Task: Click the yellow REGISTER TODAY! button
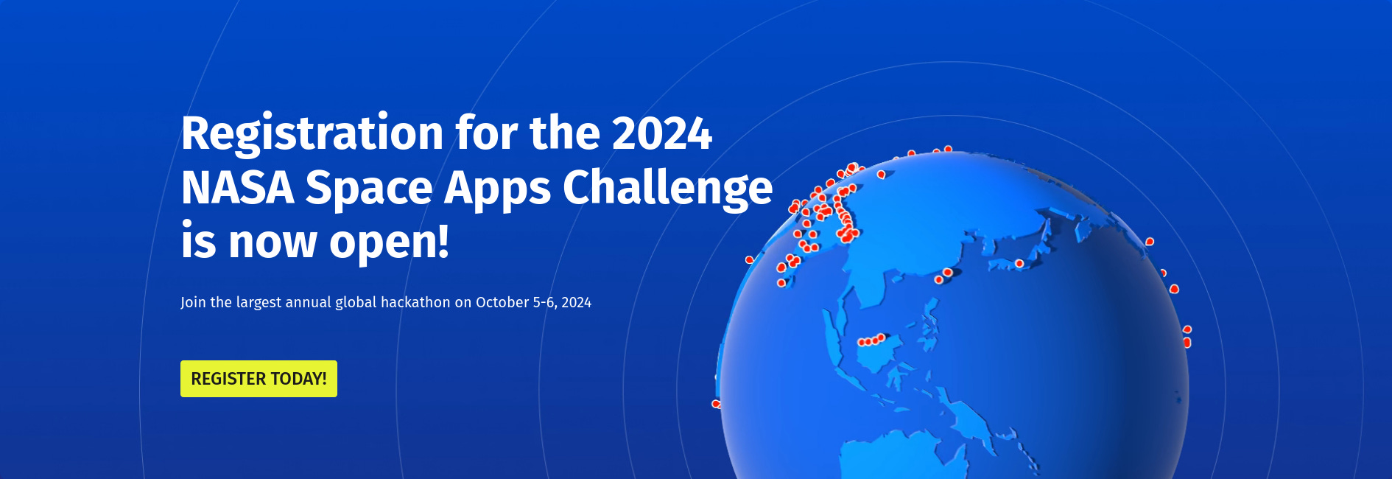(x=259, y=379)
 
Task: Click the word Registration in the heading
(x=312, y=133)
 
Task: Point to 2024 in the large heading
(x=661, y=133)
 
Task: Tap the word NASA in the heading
(x=238, y=187)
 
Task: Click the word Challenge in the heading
(x=667, y=187)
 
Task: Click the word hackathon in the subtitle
(x=415, y=302)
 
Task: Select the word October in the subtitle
(x=502, y=302)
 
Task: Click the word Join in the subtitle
(x=193, y=302)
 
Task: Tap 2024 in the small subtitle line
(x=576, y=302)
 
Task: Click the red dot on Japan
(x=1019, y=263)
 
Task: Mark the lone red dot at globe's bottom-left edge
(x=715, y=404)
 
